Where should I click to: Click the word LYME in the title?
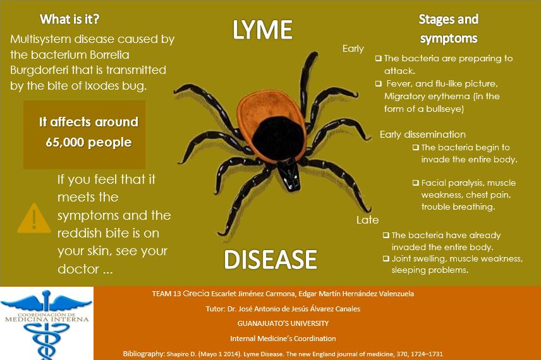pos(262,30)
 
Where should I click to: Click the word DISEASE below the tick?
pos(270,259)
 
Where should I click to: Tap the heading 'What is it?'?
pos(69,18)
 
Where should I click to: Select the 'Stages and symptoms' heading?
pos(448,28)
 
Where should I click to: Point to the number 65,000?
pos(66,142)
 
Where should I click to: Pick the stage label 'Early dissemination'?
pos(422,134)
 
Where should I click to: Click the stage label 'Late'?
pos(367,220)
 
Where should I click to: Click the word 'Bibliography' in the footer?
pos(143,354)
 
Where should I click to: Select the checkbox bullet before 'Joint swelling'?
pos(386,258)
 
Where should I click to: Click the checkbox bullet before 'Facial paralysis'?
pos(415,183)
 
